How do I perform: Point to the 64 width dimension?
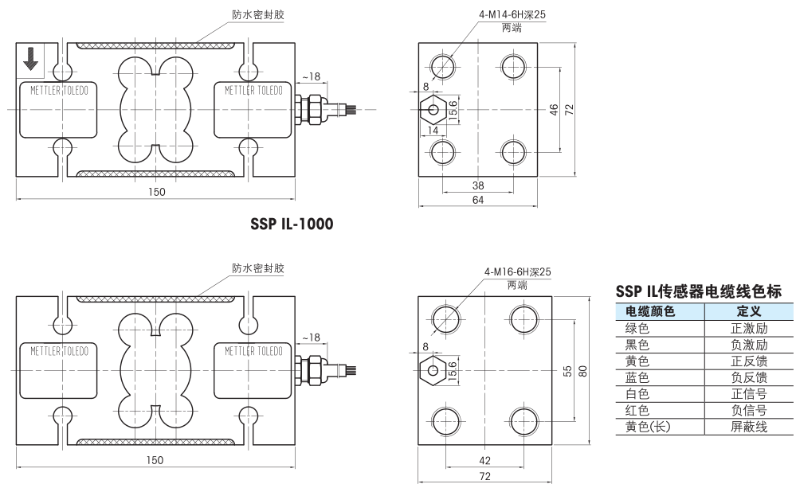click(478, 200)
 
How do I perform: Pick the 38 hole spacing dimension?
click(478, 185)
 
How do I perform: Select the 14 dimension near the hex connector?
click(433, 130)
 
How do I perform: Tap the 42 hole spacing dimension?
click(485, 460)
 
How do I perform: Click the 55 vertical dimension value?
click(567, 371)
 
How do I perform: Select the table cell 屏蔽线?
click(749, 427)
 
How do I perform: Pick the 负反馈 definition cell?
click(749, 377)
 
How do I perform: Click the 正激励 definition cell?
click(749, 328)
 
